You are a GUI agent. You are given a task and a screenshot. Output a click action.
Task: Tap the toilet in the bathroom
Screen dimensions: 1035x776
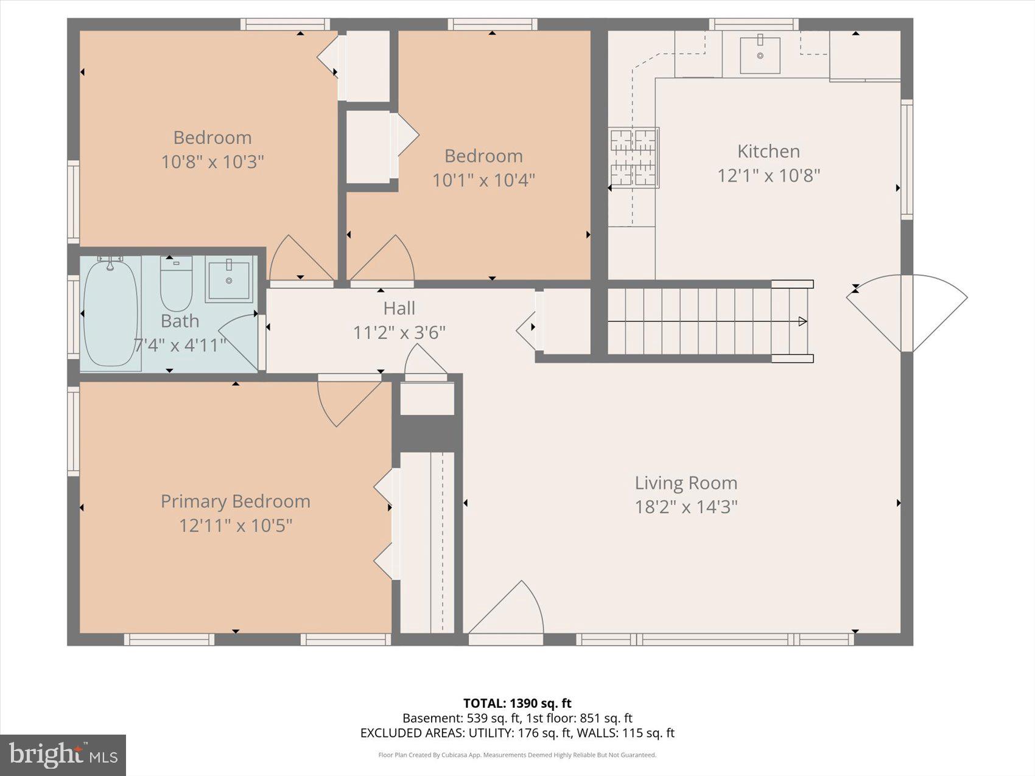[x=176, y=283]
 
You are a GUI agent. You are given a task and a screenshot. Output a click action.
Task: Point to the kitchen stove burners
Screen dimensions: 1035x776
[x=634, y=157]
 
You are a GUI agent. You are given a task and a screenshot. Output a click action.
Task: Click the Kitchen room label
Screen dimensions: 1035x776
[x=768, y=151]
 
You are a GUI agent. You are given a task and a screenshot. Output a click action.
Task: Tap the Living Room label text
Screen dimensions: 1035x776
[x=686, y=483]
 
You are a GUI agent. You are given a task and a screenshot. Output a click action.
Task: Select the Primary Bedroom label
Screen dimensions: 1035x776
[x=236, y=501]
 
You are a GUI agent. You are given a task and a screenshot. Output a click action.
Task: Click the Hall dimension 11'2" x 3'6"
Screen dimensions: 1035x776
[x=399, y=332]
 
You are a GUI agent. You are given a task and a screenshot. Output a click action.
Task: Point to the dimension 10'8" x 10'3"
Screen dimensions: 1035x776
[x=212, y=162]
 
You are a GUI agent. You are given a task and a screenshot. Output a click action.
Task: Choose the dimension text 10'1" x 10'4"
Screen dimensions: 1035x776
[x=483, y=180]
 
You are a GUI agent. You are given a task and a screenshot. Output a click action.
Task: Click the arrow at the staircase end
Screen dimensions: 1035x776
[x=803, y=321]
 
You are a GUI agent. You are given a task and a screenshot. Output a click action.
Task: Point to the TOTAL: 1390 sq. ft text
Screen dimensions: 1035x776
[x=517, y=704]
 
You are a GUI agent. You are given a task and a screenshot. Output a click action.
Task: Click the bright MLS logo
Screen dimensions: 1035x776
[x=63, y=755]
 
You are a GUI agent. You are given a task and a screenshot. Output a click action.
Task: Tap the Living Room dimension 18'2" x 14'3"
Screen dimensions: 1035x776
[x=686, y=507]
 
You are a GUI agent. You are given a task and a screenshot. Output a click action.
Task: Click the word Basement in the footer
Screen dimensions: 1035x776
[x=432, y=718]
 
